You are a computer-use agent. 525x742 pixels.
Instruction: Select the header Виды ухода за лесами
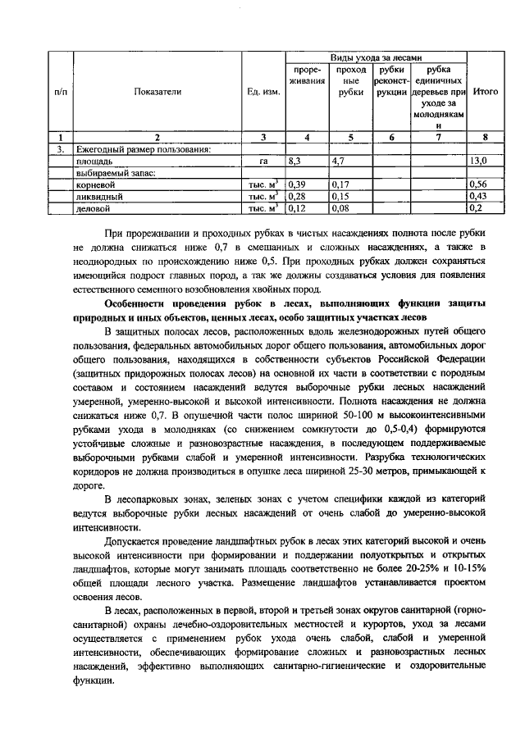pos(376,57)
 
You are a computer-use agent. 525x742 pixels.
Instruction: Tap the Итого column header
pos(486,92)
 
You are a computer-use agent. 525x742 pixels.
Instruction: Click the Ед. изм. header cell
pos(262,92)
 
